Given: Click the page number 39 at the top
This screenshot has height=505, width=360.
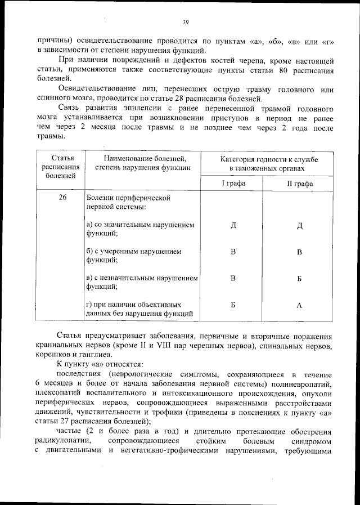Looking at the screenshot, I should (x=185, y=23).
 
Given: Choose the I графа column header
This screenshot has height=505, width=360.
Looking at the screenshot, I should (x=233, y=184).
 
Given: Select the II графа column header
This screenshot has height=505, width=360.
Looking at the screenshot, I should (x=299, y=184).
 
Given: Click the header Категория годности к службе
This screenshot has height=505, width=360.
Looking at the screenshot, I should (x=266, y=160).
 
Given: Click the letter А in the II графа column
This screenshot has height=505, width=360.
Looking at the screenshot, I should (x=300, y=305).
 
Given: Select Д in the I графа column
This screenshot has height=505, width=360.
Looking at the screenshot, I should (x=233, y=226).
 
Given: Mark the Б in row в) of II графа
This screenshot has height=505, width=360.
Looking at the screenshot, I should (x=300, y=278).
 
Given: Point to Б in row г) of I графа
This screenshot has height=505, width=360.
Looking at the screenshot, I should (x=233, y=305).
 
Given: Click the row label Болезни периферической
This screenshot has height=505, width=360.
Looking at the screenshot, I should (x=128, y=198).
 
